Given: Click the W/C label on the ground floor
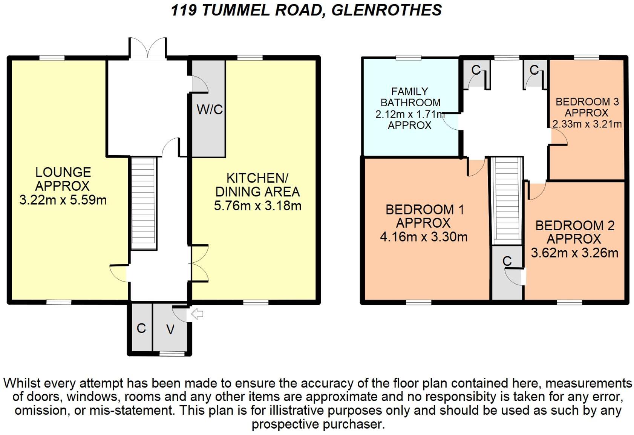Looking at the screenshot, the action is pyautogui.click(x=210, y=110).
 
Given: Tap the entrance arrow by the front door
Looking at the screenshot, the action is pyautogui.click(x=197, y=314).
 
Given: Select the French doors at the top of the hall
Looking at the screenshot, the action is pyautogui.click(x=147, y=49).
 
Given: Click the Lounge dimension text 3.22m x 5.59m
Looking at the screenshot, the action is pyautogui.click(x=63, y=200).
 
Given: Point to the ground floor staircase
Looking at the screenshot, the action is pyautogui.click(x=143, y=204).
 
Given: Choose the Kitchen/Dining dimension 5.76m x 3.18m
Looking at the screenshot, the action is pyautogui.click(x=257, y=206).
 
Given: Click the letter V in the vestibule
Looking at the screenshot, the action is pyautogui.click(x=170, y=330).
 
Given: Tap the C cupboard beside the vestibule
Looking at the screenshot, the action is pyautogui.click(x=141, y=328).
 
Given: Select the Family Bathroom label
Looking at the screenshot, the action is pyautogui.click(x=410, y=97).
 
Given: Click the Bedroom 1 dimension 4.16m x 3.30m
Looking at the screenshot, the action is pyautogui.click(x=424, y=237).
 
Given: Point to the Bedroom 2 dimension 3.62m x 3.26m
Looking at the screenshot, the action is pyautogui.click(x=574, y=253).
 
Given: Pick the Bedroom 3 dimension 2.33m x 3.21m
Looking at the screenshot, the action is pyautogui.click(x=587, y=124).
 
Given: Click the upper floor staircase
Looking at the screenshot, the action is pyautogui.click(x=507, y=202).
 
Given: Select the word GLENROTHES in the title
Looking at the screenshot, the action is pyautogui.click(x=386, y=10).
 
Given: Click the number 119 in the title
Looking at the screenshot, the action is pyautogui.click(x=183, y=10).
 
